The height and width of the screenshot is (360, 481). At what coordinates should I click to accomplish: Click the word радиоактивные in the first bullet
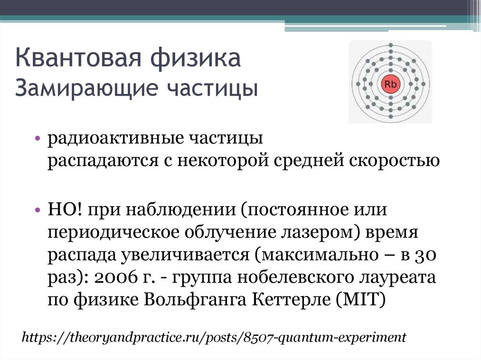(x=116, y=139)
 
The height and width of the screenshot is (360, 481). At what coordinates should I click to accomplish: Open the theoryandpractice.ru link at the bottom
(x=214, y=337)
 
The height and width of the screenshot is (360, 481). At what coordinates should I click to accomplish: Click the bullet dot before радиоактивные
(x=37, y=139)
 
